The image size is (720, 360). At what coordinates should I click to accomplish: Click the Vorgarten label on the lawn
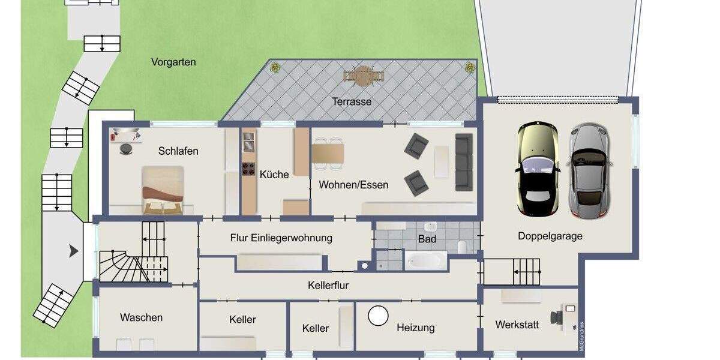[173, 62]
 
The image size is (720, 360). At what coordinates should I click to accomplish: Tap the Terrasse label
[352, 101]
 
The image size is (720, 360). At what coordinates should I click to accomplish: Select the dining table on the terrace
[364, 76]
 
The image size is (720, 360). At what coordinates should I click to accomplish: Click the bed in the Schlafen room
[163, 190]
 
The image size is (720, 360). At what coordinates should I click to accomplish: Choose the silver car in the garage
[589, 170]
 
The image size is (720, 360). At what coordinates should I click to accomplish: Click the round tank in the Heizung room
[378, 316]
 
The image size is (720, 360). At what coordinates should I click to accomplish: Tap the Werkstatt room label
[517, 325]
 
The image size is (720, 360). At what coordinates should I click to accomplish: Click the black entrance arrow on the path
[74, 251]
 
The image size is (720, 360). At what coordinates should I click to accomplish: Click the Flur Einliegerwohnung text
[281, 238]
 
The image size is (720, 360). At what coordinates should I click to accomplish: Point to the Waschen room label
[141, 317]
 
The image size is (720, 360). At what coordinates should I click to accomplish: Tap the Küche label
[274, 175]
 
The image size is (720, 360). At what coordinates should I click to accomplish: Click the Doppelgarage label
[550, 236]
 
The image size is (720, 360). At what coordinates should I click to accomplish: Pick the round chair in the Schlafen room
[127, 149]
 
